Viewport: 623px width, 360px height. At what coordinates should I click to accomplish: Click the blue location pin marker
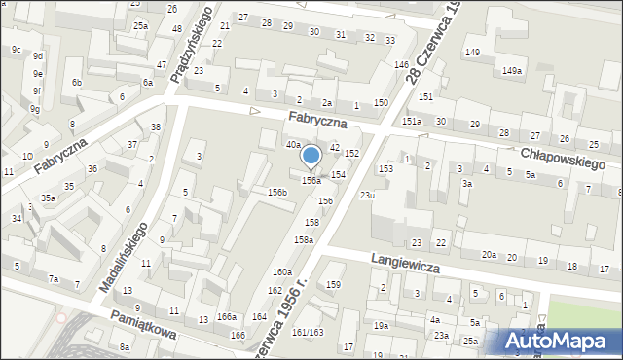point(311,156)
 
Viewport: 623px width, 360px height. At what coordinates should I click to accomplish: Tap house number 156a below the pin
point(311,181)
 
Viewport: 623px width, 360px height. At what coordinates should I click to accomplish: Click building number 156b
point(277,193)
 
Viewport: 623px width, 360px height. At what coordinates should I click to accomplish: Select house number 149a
point(512,71)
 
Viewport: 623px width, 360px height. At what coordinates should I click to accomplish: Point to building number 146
point(401,64)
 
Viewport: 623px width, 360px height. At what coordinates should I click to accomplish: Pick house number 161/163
point(308,333)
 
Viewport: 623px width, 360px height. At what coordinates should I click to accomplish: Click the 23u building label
point(367,196)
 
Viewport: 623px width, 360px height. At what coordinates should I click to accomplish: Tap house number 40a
point(292,144)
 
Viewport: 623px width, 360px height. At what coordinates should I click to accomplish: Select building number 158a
point(304,239)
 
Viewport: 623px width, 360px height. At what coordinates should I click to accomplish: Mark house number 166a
point(227,317)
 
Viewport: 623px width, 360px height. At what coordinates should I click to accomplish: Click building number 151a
point(412,121)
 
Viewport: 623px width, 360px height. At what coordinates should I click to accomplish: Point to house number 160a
point(282,272)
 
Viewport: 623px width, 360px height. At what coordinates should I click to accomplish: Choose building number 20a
point(489,255)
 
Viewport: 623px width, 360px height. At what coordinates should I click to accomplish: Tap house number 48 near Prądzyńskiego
point(176,28)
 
